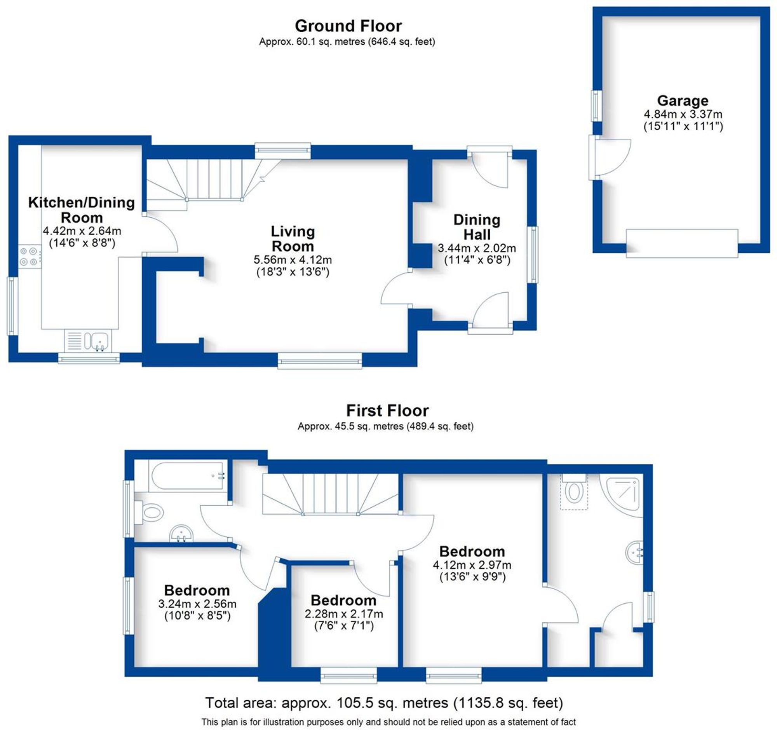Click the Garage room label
(x=683, y=101)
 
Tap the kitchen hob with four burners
(x=29, y=257)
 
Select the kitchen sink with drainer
(x=88, y=341)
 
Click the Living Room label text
(x=293, y=239)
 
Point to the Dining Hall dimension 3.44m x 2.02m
(x=476, y=248)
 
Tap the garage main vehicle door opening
(x=682, y=243)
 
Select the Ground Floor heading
(x=348, y=26)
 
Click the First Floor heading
(x=387, y=410)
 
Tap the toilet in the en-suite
(x=574, y=491)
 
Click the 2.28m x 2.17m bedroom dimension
(x=343, y=613)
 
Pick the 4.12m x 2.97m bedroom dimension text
(x=472, y=565)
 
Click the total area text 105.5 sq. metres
(x=384, y=703)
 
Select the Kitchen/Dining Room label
(x=82, y=210)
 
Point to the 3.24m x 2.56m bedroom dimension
(x=197, y=603)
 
